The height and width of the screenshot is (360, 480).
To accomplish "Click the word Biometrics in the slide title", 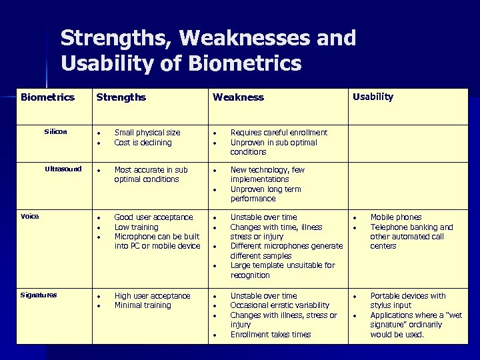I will click(x=245, y=64).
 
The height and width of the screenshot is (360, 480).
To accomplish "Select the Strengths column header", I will click(x=121, y=97).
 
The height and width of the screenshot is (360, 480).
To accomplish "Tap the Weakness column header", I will click(x=238, y=97).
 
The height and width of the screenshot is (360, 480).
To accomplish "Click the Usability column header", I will click(x=373, y=97).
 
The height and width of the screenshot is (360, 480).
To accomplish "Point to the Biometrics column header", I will click(x=47, y=97).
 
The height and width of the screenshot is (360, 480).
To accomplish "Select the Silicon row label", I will click(x=55, y=132).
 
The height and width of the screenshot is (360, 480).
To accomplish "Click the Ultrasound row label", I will click(x=63, y=169).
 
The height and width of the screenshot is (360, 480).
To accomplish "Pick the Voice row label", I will click(x=30, y=217).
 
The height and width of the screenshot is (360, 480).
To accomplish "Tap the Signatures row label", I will click(x=39, y=295).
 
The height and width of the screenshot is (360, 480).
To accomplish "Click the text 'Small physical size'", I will click(x=147, y=133).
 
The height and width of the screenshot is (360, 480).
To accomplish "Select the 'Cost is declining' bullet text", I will click(x=143, y=143).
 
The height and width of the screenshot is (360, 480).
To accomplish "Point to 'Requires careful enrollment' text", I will click(x=279, y=133).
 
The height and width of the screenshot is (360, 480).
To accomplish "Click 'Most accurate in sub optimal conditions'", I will click(x=151, y=175).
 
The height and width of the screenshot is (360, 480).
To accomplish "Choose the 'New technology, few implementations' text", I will click(x=267, y=175).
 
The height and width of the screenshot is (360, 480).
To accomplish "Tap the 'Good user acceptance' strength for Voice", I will click(x=153, y=217).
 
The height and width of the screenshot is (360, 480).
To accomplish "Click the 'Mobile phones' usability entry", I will click(x=396, y=217).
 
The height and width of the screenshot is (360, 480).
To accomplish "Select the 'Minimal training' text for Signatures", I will click(x=143, y=305).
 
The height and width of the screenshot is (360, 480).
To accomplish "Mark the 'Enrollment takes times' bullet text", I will click(x=271, y=335).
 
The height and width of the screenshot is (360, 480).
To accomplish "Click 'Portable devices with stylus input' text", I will click(x=407, y=301).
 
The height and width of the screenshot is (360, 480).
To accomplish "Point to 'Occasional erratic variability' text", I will click(x=280, y=305).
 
